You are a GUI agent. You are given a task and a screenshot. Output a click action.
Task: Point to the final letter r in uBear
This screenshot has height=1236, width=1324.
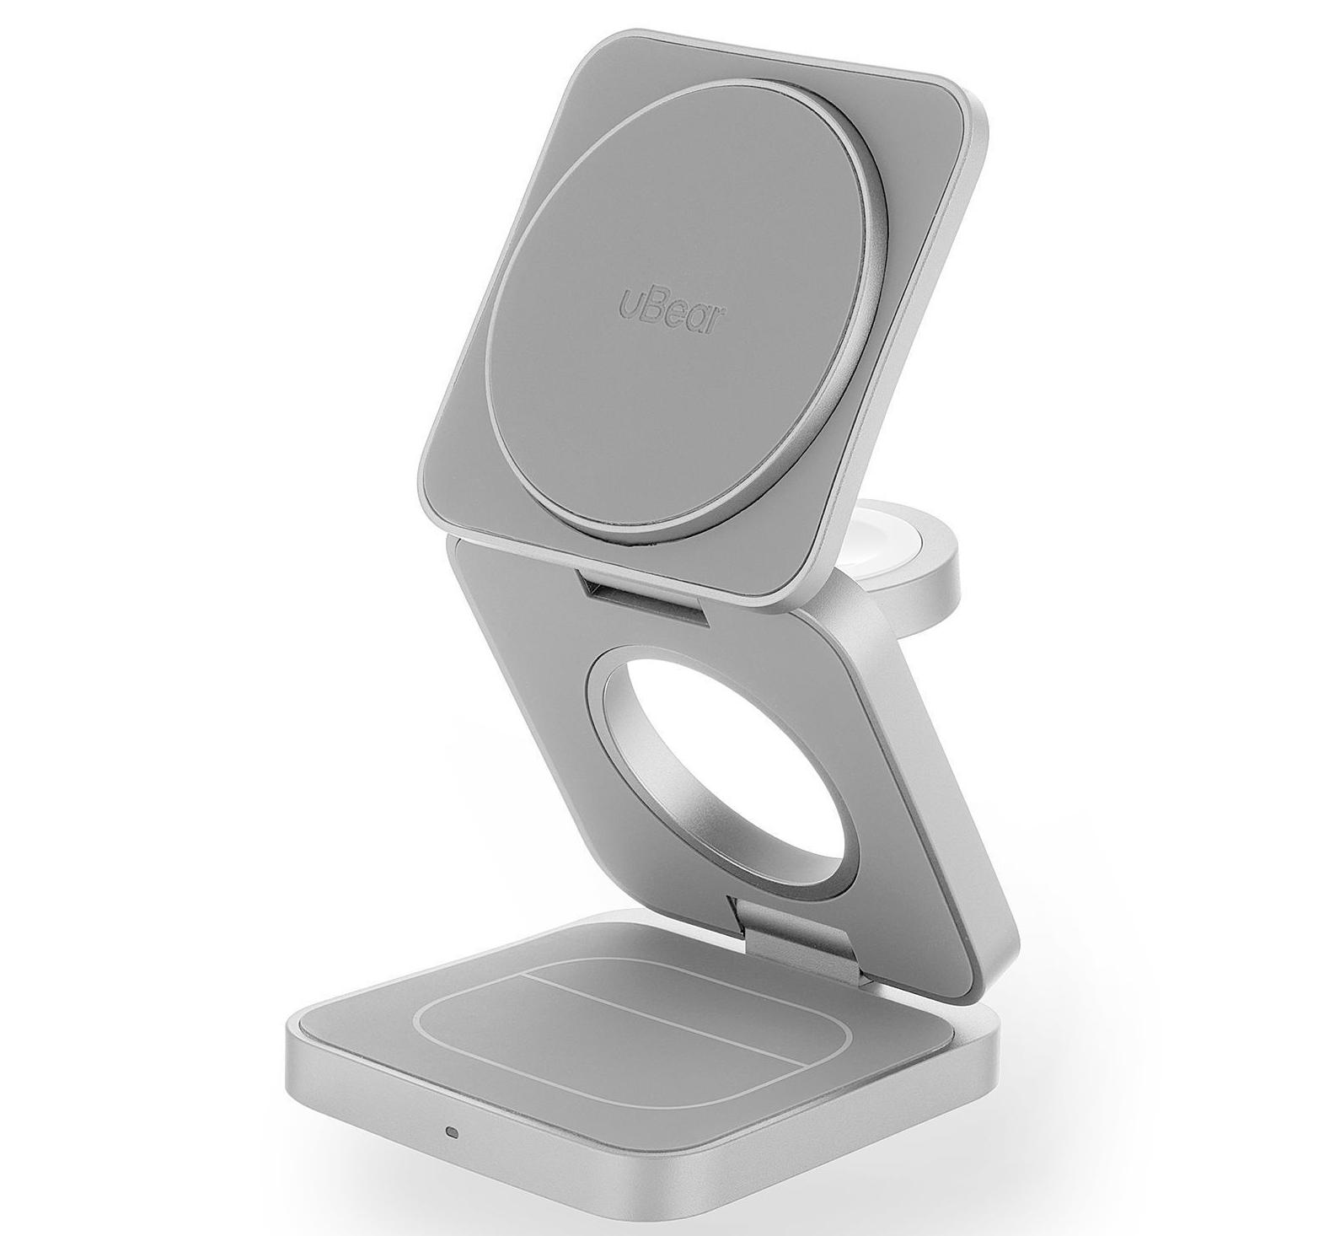[721, 320]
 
